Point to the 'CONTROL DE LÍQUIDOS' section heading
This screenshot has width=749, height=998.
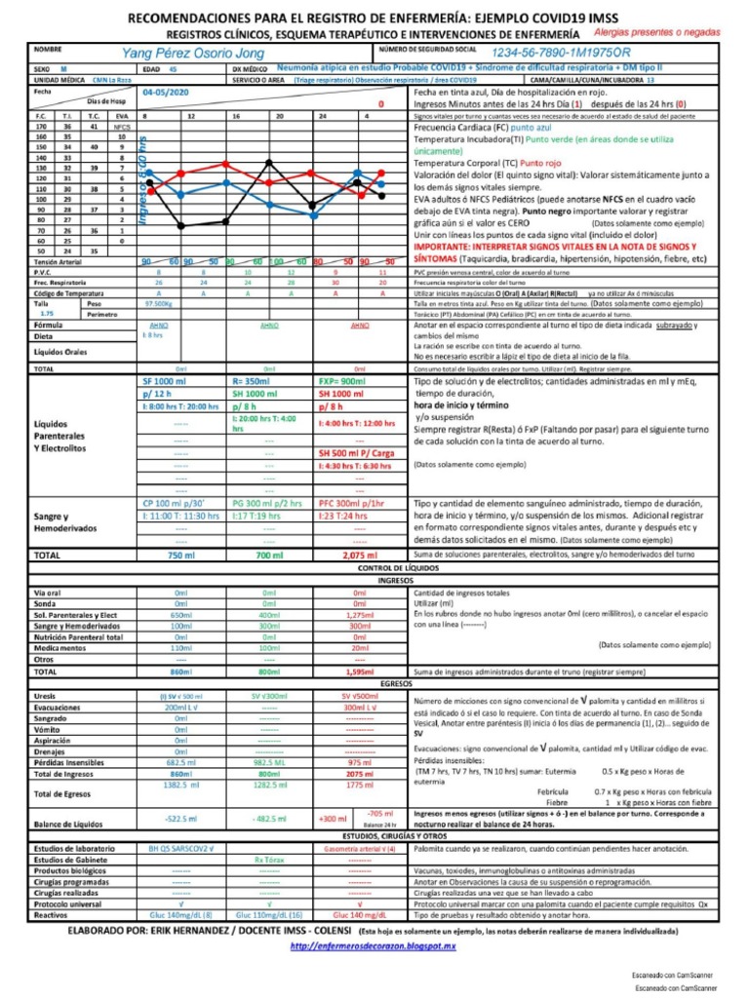click(x=374, y=567)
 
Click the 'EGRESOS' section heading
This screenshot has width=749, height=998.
click(x=374, y=684)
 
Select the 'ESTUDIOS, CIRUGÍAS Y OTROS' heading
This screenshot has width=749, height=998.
click(x=374, y=836)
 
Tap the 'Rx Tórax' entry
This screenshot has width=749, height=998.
click(x=268, y=861)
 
